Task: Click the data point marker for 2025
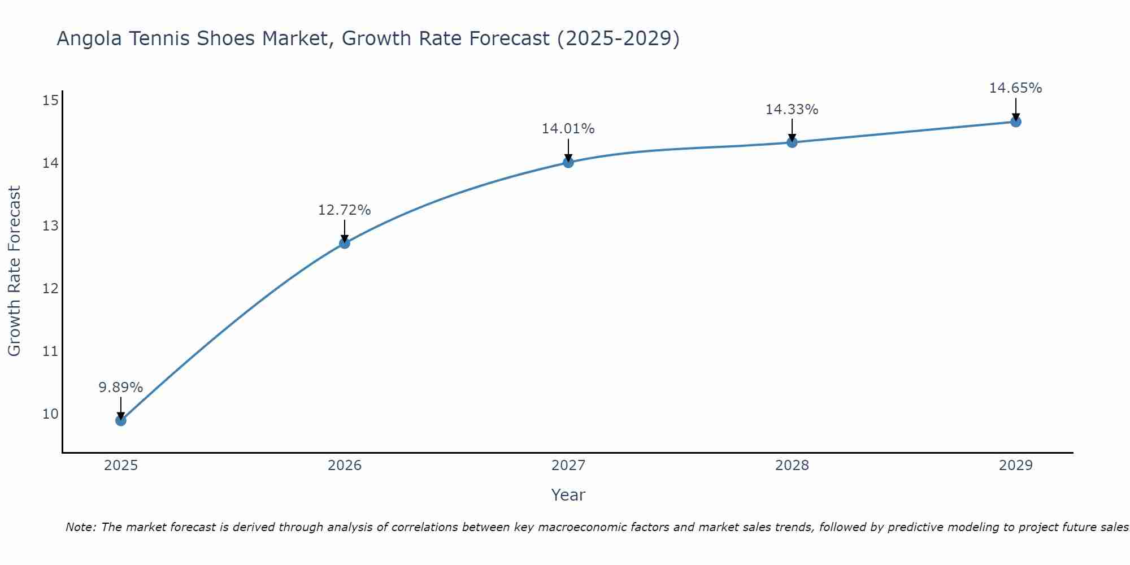tap(120, 420)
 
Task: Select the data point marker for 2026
tap(344, 244)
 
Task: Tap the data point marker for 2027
tap(568, 163)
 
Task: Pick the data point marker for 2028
tap(792, 142)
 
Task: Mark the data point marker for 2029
tap(1015, 122)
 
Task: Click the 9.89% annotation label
tap(120, 388)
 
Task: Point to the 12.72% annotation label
tap(344, 210)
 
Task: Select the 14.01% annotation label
tap(568, 129)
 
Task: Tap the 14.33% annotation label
tap(792, 110)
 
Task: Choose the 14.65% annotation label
tap(1015, 88)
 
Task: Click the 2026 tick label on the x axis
tap(345, 466)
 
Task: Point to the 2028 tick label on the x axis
tap(792, 466)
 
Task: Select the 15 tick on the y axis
tap(50, 101)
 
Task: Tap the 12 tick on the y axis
tap(50, 289)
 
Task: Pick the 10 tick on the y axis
tap(50, 414)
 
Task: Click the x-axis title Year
tap(568, 495)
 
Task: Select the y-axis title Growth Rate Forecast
tap(14, 271)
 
